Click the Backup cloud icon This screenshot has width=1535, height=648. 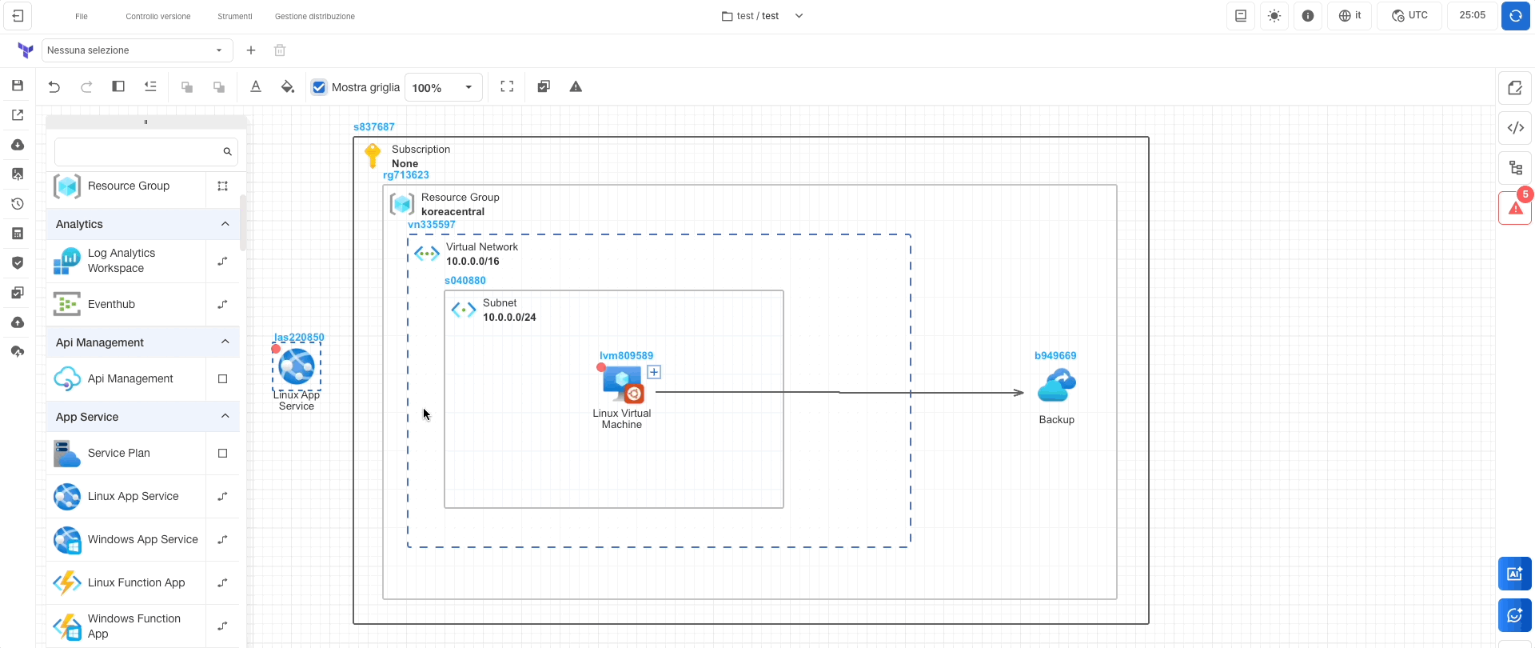[1056, 386]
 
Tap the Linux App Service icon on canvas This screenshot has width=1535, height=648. [297, 366]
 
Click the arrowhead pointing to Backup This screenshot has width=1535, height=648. [1019, 393]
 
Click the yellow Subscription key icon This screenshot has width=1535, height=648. [373, 154]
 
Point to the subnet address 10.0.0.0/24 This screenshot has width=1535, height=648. [509, 318]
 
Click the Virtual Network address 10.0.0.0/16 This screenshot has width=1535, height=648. [472, 262]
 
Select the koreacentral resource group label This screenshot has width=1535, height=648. [453, 212]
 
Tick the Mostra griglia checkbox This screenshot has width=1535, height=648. [320, 87]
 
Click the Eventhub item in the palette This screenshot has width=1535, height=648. [112, 305]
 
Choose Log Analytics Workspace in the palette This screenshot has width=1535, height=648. [122, 261]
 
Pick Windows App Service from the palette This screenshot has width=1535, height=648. [142, 540]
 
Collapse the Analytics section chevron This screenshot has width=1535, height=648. [225, 224]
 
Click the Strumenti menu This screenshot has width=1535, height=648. [234, 16]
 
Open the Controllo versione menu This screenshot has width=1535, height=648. [158, 16]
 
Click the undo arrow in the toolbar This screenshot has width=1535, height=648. [54, 87]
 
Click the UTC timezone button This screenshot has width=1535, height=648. [1409, 16]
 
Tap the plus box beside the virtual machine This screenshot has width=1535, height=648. [654, 372]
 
